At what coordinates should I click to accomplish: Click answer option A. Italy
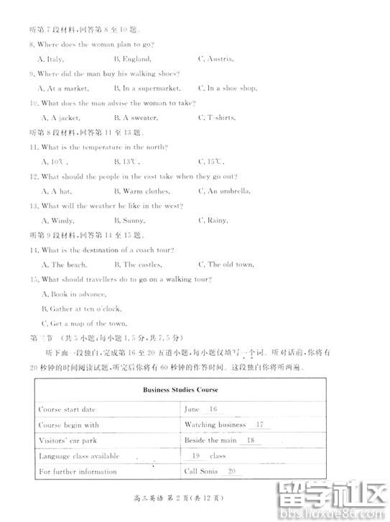[x=52, y=59]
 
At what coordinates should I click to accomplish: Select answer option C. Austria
[x=215, y=59]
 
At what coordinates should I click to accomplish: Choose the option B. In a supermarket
[x=146, y=88]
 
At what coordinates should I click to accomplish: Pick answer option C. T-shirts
[x=217, y=118]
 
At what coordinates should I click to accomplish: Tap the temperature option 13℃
[x=126, y=162]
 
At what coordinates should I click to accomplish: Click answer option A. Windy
[x=56, y=221]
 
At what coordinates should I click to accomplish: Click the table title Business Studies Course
[x=180, y=390]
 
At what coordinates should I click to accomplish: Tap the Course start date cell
[x=67, y=409]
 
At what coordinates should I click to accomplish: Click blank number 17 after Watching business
[x=259, y=425]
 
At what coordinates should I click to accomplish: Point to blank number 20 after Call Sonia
[x=231, y=472]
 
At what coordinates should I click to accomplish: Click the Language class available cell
[x=78, y=456]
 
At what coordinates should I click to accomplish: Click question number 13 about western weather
[x=34, y=206]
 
